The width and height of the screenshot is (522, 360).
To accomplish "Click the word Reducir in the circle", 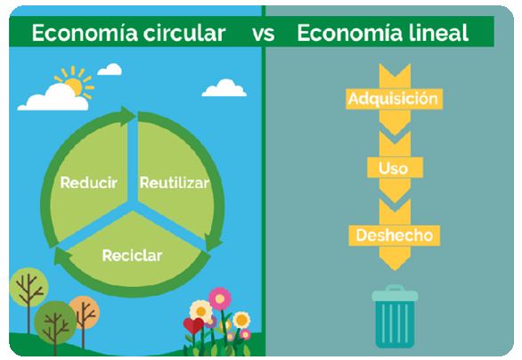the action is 88,183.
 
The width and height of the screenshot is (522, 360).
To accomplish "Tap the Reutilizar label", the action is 175,183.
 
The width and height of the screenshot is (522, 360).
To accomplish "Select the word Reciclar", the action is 132,256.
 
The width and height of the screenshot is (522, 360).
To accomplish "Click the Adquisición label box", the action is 394,99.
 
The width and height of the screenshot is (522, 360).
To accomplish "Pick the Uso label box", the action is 395,168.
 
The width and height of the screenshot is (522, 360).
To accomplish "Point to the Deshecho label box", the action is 395,235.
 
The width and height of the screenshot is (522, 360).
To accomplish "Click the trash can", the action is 395,316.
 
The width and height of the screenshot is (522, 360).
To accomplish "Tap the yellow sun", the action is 75,84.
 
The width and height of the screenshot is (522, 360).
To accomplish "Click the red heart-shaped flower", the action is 193,326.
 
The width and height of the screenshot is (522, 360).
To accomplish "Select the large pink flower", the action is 220,299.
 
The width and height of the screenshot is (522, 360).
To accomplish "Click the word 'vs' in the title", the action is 264,33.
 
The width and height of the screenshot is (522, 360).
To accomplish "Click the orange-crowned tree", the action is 85,312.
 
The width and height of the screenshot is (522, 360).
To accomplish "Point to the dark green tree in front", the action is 55,323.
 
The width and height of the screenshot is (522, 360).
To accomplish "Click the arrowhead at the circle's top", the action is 128,116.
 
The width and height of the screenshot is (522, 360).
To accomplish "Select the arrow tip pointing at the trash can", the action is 395,266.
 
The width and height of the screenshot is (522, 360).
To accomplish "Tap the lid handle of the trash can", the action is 395,288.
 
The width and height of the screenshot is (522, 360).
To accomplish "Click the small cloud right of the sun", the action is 110,70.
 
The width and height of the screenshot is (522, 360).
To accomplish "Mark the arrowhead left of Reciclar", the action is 63,257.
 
